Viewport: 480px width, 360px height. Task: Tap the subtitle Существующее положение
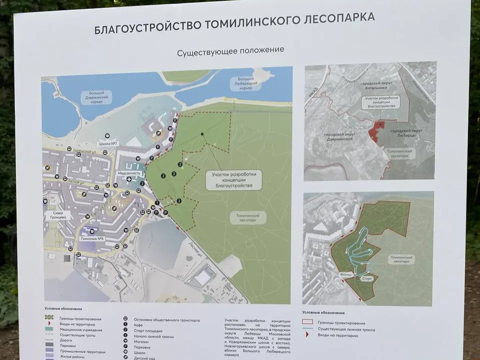[x=230, y=50]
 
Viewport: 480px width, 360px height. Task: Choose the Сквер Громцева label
[x=58, y=214]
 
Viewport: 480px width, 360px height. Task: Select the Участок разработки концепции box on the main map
[x=233, y=180]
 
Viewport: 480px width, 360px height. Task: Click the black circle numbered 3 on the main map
[x=179, y=201]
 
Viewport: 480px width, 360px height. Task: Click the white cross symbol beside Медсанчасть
[x=129, y=179]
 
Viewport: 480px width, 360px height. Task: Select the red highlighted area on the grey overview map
[x=376, y=131]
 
